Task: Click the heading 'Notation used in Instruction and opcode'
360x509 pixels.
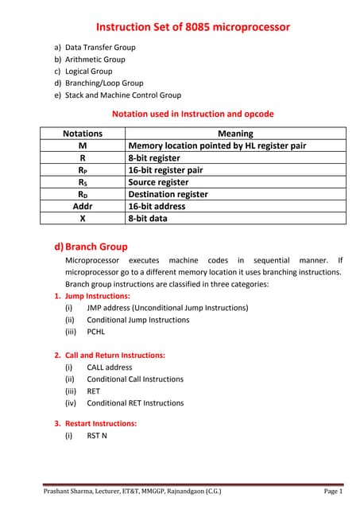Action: (193, 114)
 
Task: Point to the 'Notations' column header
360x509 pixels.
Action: (83, 134)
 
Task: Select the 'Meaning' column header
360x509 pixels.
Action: (235, 134)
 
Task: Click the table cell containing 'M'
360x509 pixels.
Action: (83, 146)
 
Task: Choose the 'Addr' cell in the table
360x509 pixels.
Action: (83, 206)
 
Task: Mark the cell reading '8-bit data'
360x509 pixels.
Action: (148, 218)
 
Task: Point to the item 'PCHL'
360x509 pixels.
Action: (95, 332)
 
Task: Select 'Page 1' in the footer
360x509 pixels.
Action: (333, 492)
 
